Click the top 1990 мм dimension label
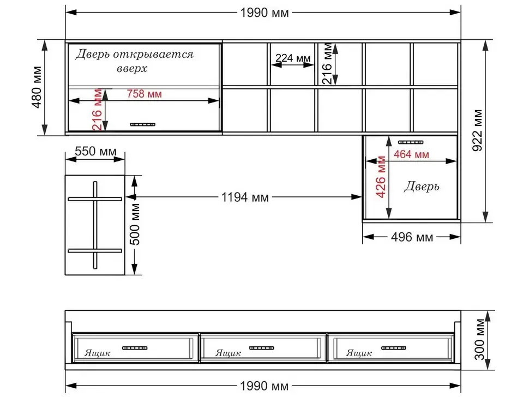[264, 13]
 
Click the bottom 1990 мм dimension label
[264, 386]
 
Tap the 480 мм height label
[37, 87]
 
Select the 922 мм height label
[477, 130]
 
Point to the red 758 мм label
[145, 94]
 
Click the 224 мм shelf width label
[293, 58]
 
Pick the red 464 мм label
[411, 154]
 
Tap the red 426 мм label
[381, 177]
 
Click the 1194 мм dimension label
[245, 197]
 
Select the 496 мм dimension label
[412, 237]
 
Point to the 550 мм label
[95, 151]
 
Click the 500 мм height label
[135, 224]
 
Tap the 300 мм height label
[479, 339]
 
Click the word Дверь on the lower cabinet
[422, 186]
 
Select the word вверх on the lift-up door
[132, 69]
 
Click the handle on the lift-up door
[143, 124]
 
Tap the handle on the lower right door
[411, 142]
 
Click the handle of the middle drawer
[261, 348]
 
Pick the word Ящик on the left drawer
[97, 353]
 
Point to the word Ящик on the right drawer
[359, 353]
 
